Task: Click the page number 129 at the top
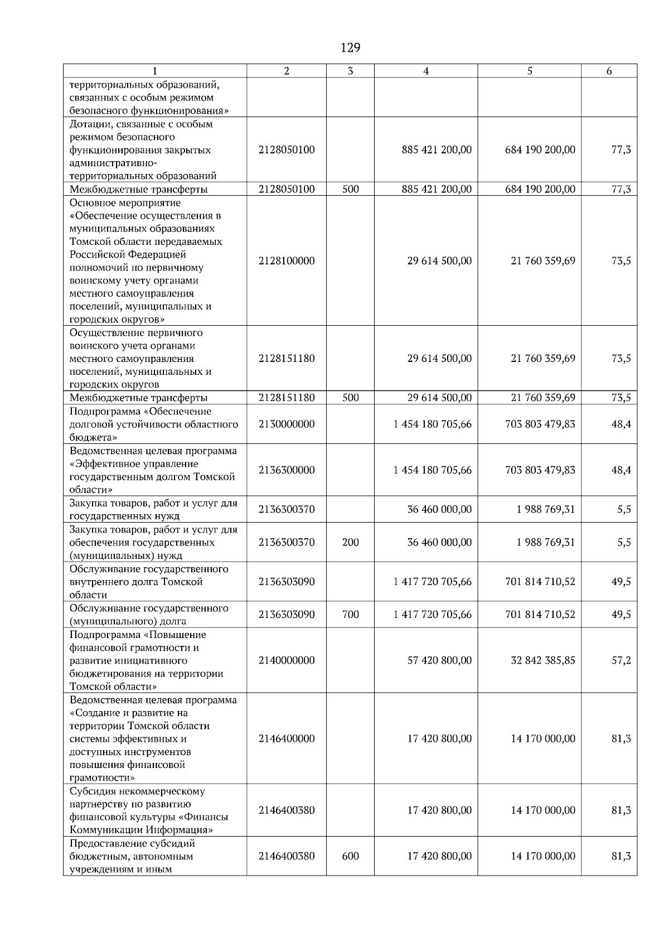pos(350,48)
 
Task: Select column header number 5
pos(529,71)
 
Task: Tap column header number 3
pos(350,71)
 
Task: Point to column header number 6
pos(609,71)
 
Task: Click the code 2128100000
pos(287,261)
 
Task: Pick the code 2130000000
pos(287,424)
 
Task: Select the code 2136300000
pos(287,470)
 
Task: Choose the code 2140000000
pos(287,660)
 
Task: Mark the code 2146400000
pos(287,739)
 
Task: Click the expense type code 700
pos(350,615)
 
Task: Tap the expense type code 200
pos(350,542)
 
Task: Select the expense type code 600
pos(350,856)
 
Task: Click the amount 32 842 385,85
pos(543,660)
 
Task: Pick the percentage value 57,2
pos(621,660)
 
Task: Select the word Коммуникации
pos(103,830)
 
